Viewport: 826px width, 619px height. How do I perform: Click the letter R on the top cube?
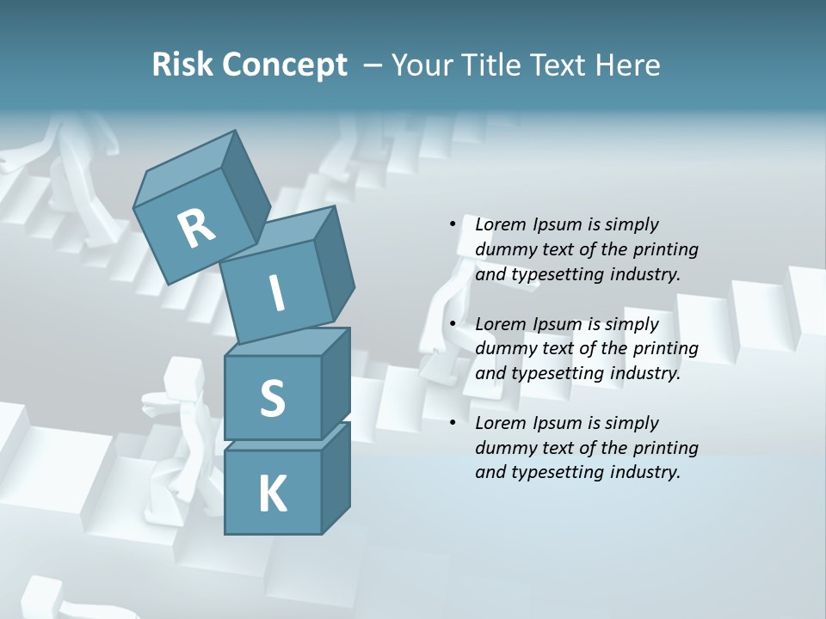pyautogui.click(x=196, y=229)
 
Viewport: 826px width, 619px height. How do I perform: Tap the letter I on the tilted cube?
pyautogui.click(x=277, y=293)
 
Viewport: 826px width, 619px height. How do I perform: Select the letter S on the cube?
pyautogui.click(x=272, y=398)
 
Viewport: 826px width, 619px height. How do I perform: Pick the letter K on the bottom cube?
pyautogui.click(x=272, y=494)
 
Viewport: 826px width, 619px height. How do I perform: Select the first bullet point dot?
pyautogui.click(x=453, y=224)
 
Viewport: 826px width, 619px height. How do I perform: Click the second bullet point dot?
pyautogui.click(x=453, y=324)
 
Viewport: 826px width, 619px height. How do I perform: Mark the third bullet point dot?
pyautogui.click(x=453, y=423)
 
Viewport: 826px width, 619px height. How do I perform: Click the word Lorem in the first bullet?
pyautogui.click(x=500, y=224)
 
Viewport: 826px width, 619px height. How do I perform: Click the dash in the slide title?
pyautogui.click(x=373, y=65)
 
